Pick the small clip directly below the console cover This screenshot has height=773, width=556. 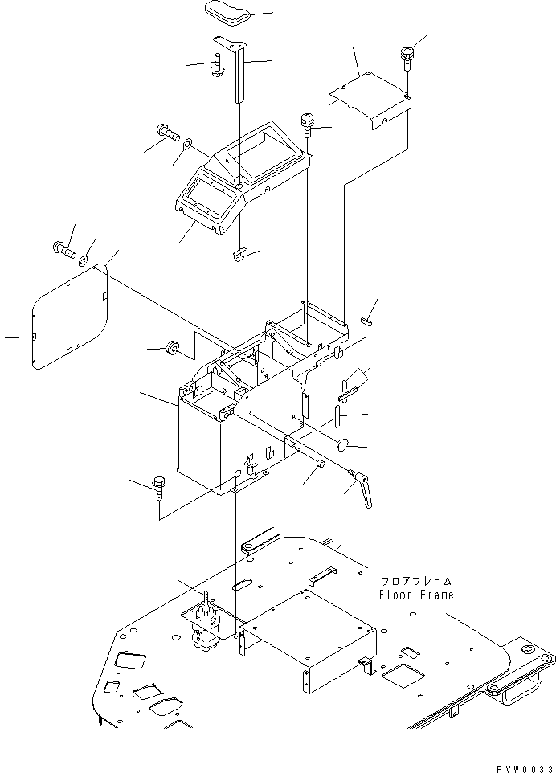(x=238, y=256)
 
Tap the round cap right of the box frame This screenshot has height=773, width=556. (x=343, y=442)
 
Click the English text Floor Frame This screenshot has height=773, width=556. (x=417, y=595)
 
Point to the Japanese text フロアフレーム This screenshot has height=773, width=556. (x=417, y=580)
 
